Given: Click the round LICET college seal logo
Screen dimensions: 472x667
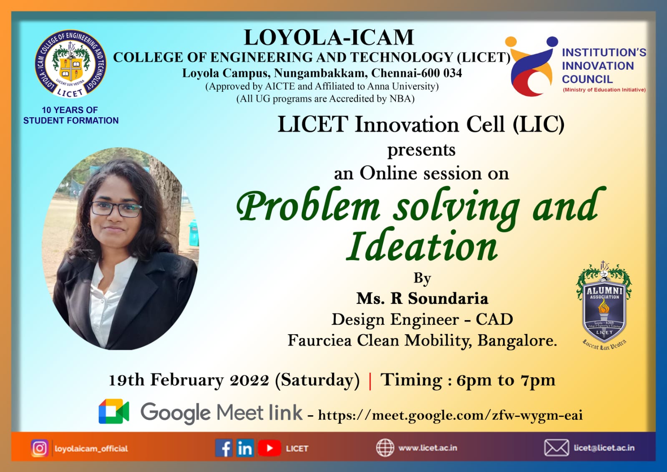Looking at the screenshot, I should tap(70, 64).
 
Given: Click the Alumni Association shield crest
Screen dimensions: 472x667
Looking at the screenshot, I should tap(604, 305).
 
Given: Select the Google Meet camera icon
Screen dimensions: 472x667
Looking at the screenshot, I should tap(113, 411).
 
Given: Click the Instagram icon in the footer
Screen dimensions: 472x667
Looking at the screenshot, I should tap(40, 448).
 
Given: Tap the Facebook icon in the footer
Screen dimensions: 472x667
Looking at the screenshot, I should tap(224, 448).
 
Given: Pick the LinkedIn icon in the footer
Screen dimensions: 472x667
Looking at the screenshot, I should tap(245, 448).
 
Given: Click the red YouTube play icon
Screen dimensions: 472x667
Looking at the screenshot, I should tap(269, 448).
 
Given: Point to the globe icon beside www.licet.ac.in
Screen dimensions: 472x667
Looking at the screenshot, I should tap(385, 448).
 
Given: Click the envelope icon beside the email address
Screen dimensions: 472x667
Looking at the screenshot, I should tap(556, 448).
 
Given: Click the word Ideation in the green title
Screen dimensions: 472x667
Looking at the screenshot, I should tap(422, 246).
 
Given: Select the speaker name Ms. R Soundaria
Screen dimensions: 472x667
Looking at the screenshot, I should tap(422, 298).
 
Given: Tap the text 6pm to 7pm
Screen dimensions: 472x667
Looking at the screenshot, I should tap(506, 380).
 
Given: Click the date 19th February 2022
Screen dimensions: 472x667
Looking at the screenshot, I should tap(189, 380).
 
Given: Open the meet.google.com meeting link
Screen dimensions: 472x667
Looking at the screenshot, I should tap(450, 415).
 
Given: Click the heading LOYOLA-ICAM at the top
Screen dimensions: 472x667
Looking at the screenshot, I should tap(329, 37).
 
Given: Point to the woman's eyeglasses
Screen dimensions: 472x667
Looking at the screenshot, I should tap(116, 208).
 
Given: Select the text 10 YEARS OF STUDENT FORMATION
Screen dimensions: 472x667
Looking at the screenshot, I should tap(70, 115).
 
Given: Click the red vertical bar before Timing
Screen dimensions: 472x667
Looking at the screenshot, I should tap(370, 380).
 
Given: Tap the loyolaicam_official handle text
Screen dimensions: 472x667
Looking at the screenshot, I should tap(91, 449).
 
